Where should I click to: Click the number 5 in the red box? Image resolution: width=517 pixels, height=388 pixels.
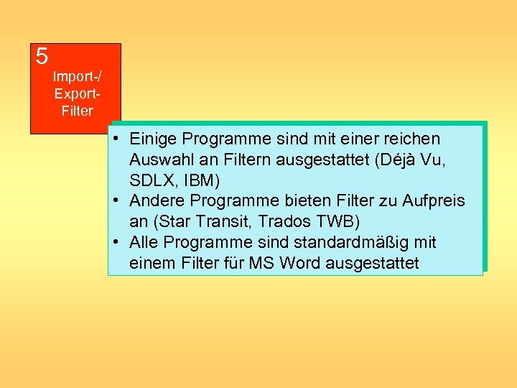[x=42, y=56]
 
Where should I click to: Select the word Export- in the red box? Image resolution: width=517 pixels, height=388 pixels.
[x=77, y=93]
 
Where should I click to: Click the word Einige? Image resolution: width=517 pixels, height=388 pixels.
[x=154, y=138]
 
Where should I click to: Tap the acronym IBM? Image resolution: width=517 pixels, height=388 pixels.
[x=196, y=180]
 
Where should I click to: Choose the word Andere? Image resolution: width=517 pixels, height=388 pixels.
[x=157, y=200]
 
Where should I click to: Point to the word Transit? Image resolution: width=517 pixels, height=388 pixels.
[x=217, y=221]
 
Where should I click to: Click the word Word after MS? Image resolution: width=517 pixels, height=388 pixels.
[x=300, y=263]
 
